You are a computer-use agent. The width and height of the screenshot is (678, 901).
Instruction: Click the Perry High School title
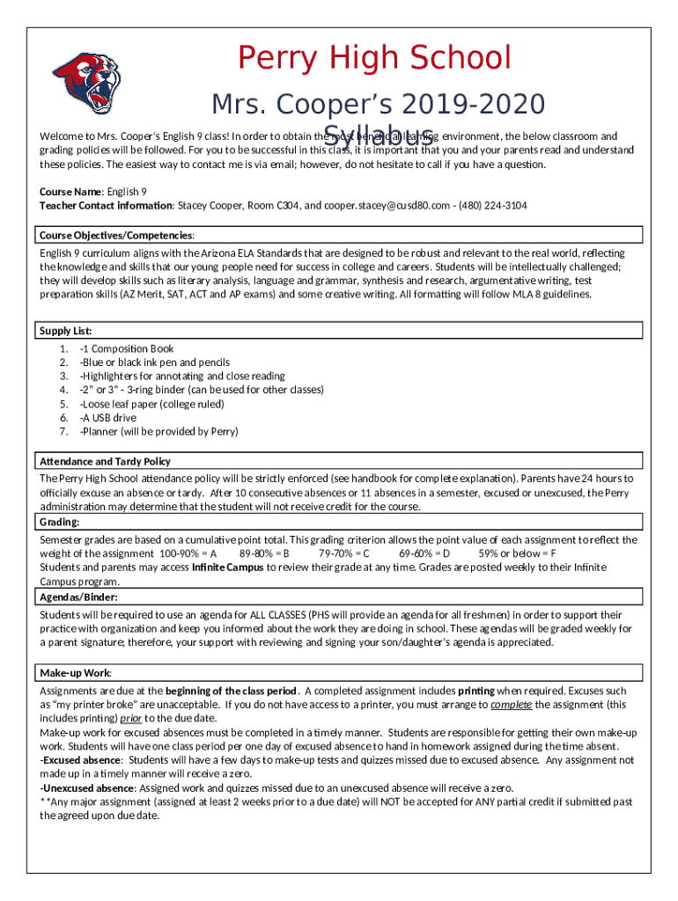coord(375,58)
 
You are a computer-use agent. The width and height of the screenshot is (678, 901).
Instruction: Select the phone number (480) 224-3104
coord(498,206)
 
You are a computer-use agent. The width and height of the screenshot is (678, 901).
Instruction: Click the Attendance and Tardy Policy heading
coord(105,461)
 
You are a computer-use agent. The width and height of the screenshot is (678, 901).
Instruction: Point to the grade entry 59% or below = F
coord(518,553)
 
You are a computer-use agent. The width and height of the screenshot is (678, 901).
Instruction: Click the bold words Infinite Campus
coord(228,568)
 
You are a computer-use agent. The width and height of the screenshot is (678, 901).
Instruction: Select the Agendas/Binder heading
coord(77,597)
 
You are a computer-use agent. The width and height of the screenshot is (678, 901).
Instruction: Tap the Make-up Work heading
coord(75,672)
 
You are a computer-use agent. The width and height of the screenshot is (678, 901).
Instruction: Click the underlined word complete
coord(511,705)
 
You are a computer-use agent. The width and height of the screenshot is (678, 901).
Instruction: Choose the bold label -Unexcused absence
coord(86,787)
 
